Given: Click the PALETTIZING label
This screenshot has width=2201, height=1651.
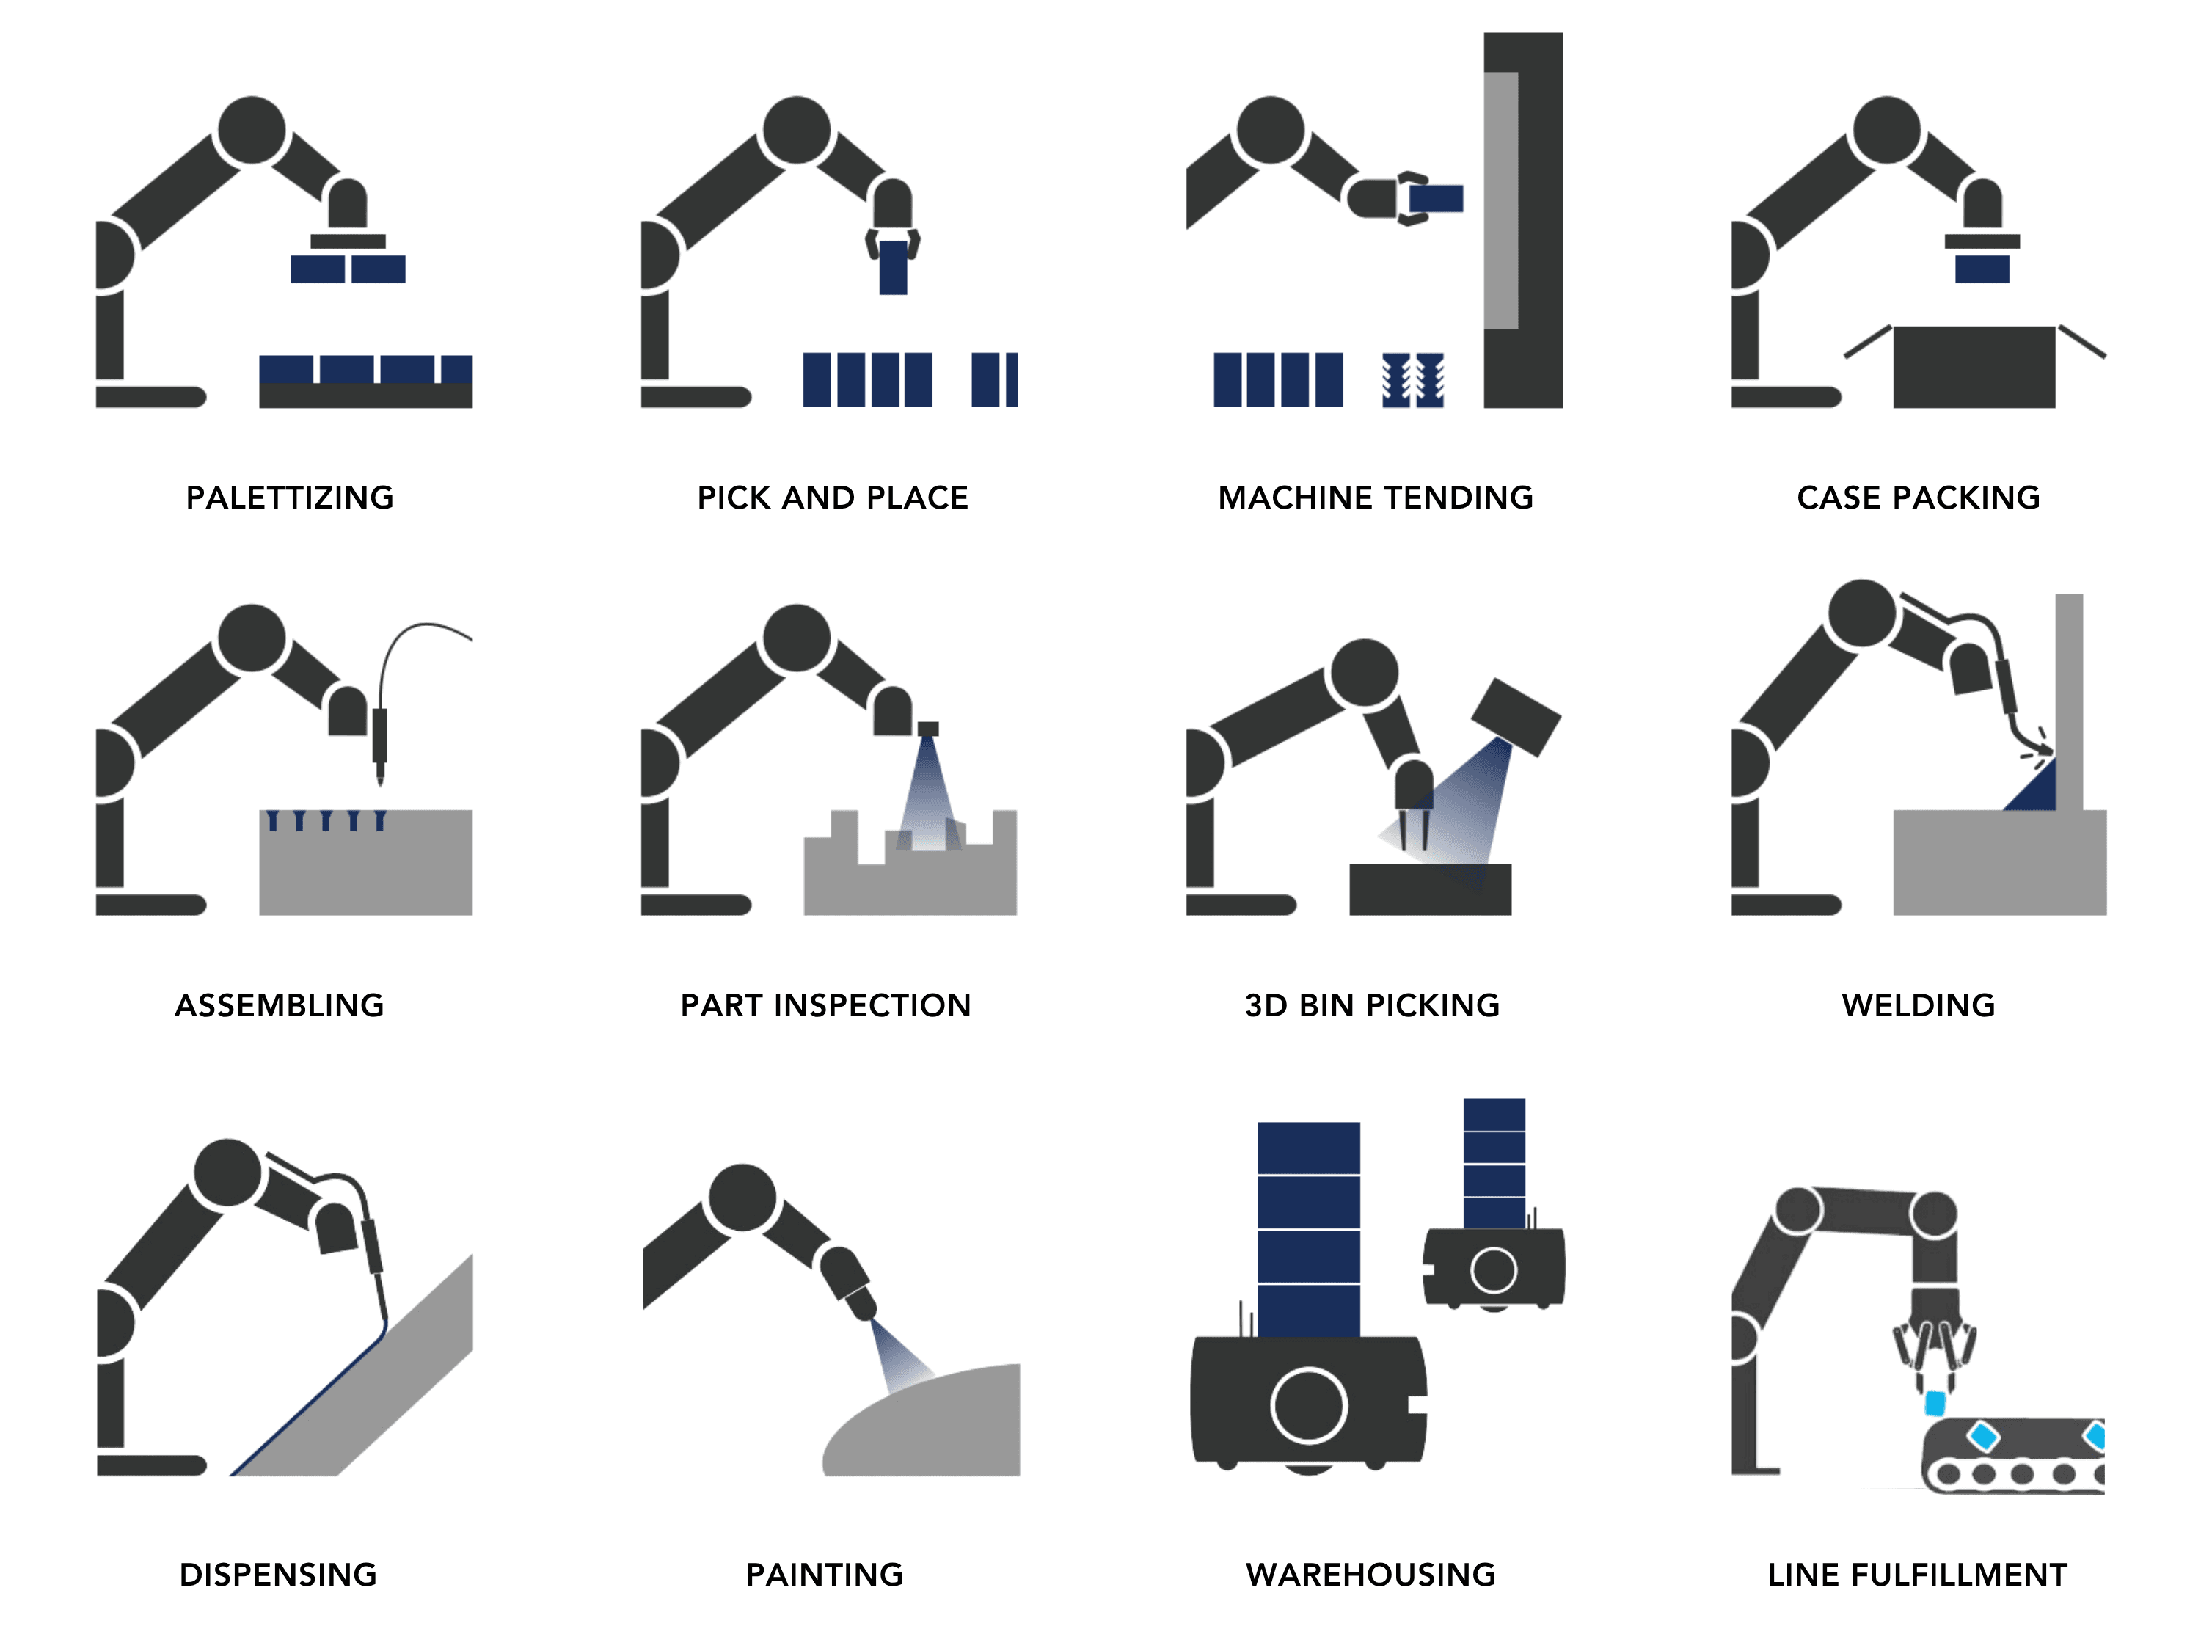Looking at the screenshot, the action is click(290, 498).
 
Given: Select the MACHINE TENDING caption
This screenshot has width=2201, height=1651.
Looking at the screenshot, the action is click(1375, 498).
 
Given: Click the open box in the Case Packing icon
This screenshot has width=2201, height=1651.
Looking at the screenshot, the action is click(1974, 366).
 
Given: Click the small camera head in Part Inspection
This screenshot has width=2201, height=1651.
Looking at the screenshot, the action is click(927, 729).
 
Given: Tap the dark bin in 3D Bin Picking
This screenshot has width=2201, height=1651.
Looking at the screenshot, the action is click(1430, 889).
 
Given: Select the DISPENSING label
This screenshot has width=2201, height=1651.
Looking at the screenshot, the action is click(277, 1575).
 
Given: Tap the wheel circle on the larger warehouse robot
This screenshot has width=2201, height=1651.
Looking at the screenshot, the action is click(1308, 1405).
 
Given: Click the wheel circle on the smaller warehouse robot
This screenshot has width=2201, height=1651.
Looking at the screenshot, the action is click(1494, 1270).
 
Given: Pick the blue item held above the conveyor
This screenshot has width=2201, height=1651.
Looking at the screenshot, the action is click(1935, 1403).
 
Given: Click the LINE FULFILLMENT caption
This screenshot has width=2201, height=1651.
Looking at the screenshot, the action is click(1917, 1575).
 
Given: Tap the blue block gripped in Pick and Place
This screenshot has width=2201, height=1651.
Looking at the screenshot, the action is click(894, 266).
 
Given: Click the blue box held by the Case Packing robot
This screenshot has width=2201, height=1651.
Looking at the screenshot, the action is click(1982, 269).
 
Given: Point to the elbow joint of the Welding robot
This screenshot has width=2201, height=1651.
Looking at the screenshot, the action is click(1862, 614).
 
